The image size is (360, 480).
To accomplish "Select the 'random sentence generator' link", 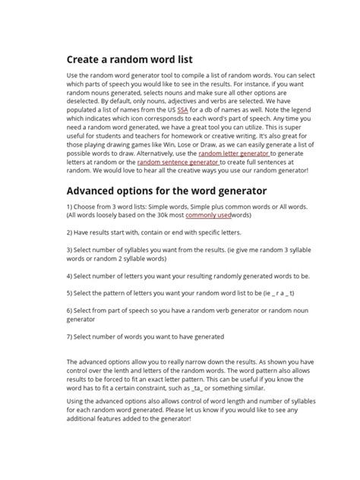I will click(178, 162).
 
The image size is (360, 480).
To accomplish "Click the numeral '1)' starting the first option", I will click(70, 206).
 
